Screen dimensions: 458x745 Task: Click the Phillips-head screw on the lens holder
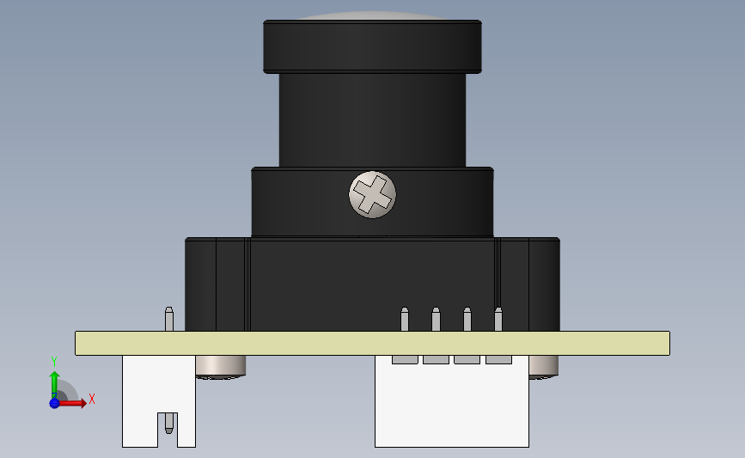pyautogui.click(x=373, y=194)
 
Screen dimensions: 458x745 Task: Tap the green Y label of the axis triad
pyautogui.click(x=53, y=362)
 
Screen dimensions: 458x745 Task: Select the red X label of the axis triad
pyautogui.click(x=91, y=399)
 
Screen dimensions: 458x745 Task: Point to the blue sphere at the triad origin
pyautogui.click(x=54, y=402)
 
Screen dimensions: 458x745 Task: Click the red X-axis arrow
pyautogui.click(x=76, y=402)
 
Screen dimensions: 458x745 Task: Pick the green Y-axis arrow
pyautogui.click(x=53, y=382)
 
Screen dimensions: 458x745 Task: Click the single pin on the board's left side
pyautogui.click(x=169, y=318)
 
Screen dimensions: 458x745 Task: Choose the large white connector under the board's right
pyautogui.click(x=451, y=404)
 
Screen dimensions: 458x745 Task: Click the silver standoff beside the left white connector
pyautogui.click(x=222, y=366)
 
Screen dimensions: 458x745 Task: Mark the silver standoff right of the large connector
pyautogui.click(x=542, y=366)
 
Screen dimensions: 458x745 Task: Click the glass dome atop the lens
pyautogui.click(x=372, y=16)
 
